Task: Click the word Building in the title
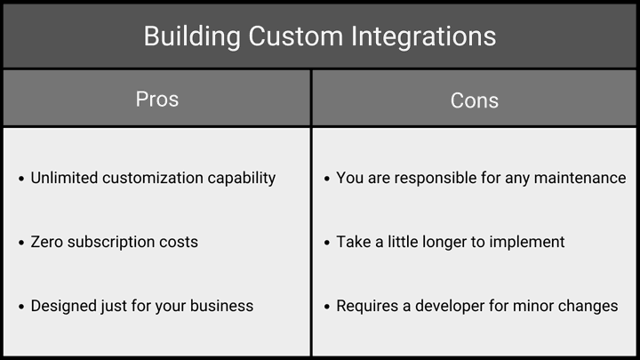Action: click(192, 36)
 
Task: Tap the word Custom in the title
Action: click(296, 36)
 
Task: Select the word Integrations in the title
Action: click(424, 36)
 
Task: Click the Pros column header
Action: click(157, 100)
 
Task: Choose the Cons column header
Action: click(475, 100)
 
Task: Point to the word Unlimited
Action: click(64, 178)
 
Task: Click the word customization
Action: click(153, 178)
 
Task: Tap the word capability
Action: click(242, 179)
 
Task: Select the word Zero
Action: click(47, 242)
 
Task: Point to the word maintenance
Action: click(580, 178)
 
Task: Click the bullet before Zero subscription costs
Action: click(21, 243)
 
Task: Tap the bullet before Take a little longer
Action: click(326, 243)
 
